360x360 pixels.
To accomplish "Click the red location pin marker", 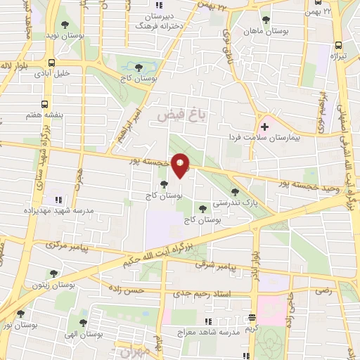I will tap(181, 167).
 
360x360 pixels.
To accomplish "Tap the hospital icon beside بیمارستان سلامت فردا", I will tap(265, 127).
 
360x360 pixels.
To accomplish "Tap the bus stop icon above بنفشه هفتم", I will tap(45, 103).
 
